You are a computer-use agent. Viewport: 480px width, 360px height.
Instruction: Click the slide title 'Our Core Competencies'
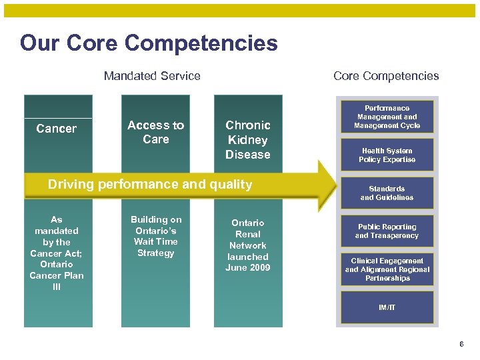[149, 43]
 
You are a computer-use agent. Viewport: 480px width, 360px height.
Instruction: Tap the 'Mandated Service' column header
[152, 76]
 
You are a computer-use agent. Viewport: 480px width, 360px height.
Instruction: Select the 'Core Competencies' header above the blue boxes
[386, 76]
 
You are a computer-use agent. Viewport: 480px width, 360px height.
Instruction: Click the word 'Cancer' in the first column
[57, 129]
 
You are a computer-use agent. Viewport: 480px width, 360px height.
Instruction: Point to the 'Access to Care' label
[155, 132]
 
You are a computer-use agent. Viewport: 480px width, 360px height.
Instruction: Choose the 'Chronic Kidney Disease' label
[248, 140]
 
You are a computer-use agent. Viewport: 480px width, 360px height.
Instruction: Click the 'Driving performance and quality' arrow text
[150, 185]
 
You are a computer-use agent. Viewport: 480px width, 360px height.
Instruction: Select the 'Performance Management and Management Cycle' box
[387, 117]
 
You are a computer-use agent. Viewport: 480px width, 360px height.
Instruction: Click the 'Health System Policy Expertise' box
[387, 155]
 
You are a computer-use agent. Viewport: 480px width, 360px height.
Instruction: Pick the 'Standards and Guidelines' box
[387, 193]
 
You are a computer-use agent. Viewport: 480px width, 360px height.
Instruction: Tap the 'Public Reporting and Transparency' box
[387, 231]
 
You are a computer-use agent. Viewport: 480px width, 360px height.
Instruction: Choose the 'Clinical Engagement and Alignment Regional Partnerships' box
[387, 269]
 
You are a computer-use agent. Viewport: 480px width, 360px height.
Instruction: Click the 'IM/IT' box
[387, 307]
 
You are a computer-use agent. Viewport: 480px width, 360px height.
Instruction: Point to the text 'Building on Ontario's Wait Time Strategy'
[155, 236]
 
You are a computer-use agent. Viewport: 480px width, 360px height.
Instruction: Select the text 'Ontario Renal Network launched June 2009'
[248, 245]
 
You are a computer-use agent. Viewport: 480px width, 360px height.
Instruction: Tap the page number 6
[461, 344]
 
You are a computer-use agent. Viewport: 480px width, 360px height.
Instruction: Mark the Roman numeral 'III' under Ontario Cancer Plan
[57, 287]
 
